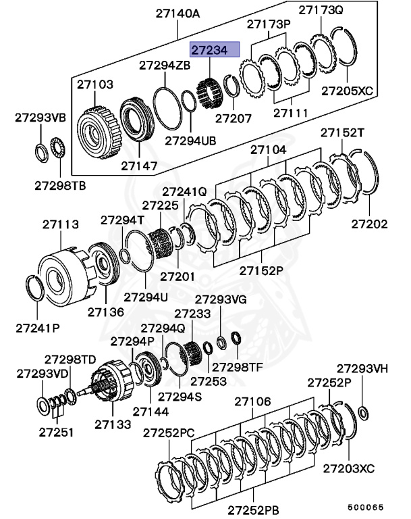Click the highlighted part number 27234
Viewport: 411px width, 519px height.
[215, 49]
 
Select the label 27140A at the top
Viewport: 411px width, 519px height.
[178, 11]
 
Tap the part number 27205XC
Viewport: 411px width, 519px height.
[347, 90]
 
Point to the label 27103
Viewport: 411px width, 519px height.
[94, 84]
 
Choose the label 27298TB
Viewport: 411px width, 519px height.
[59, 185]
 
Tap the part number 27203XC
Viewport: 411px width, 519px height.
[348, 468]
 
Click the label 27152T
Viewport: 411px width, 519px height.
[342, 132]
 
